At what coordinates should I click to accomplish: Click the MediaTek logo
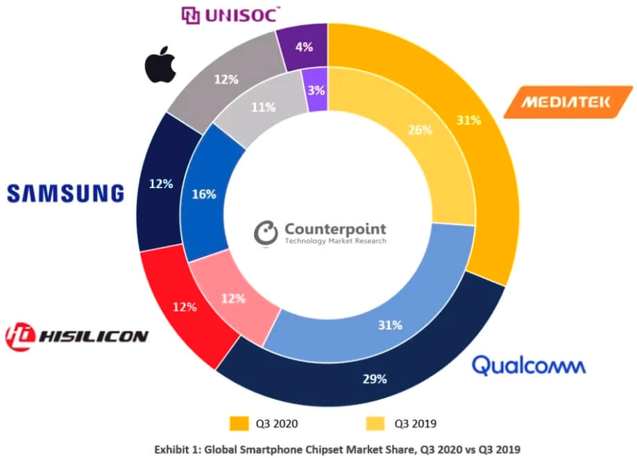coord(567,102)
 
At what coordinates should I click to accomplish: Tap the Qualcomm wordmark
coord(529,364)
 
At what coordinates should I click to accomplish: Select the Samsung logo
coord(65,193)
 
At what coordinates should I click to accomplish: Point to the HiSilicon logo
coord(76,336)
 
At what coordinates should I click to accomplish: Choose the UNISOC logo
coord(230,15)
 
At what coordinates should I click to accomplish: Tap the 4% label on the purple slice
coord(303,49)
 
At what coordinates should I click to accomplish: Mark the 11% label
coord(264,107)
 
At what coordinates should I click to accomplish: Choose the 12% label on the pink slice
coord(233,299)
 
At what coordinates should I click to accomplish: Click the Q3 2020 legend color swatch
coord(238,423)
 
